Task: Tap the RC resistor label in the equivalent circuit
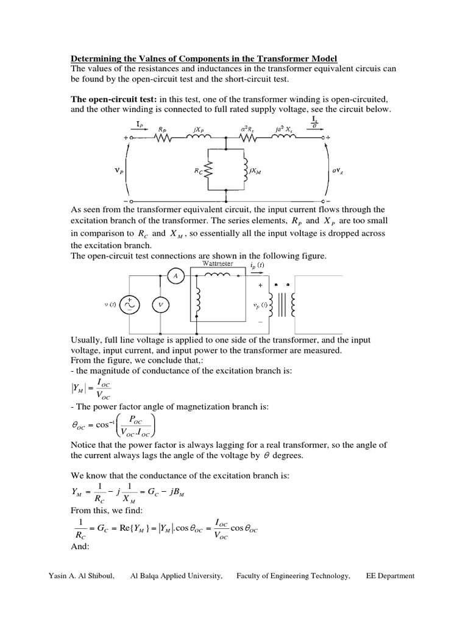[x=200, y=172]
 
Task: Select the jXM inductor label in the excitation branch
[x=255, y=172]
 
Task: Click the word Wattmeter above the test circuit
[x=211, y=264]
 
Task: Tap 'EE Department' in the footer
[x=390, y=576]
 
